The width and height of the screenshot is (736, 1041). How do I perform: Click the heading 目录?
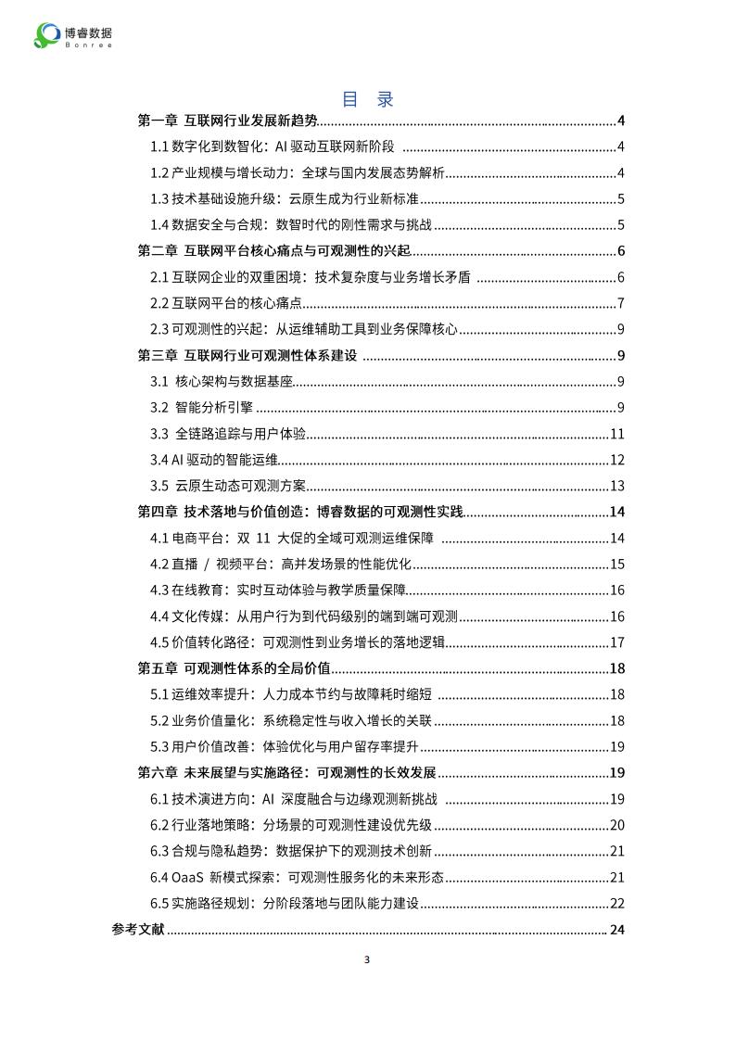(368, 99)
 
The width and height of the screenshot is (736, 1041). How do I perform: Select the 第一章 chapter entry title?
(227, 121)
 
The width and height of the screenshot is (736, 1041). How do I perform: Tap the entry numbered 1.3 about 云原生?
(286, 198)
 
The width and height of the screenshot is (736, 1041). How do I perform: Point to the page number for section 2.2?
(620, 303)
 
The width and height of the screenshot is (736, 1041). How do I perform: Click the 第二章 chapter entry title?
(273, 251)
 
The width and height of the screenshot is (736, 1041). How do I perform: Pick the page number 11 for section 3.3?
(616, 434)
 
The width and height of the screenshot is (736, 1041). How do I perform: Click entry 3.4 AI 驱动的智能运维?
(215, 460)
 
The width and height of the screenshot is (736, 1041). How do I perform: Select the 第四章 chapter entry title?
(300, 513)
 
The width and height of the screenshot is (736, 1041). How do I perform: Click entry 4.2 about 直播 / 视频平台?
(281, 565)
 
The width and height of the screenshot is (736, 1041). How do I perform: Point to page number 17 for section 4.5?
(616, 643)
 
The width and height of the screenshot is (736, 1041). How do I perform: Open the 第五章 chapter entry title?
(235, 669)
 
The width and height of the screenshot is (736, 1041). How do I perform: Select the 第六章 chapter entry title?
(287, 773)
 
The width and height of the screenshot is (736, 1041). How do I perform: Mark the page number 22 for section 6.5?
(616, 904)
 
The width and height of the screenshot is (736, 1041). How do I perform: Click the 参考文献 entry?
(138, 930)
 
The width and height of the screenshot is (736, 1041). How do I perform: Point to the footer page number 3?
(367, 958)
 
